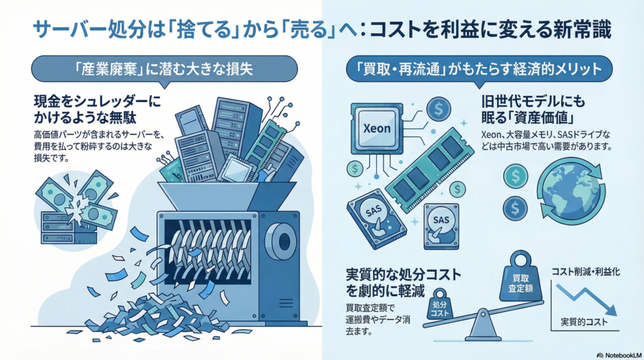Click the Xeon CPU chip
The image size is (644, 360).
tap(377, 128)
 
